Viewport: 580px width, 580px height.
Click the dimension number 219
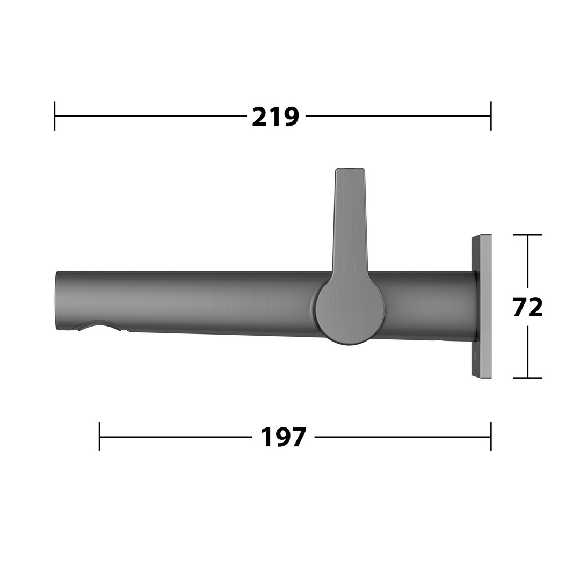click(x=275, y=117)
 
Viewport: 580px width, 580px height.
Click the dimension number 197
click(x=284, y=437)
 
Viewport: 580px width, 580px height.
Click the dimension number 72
click(x=528, y=307)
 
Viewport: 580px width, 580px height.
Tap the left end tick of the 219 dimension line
click(x=55, y=115)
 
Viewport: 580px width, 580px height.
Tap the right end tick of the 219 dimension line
click(x=491, y=115)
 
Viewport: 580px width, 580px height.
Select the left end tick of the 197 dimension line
click(x=99, y=437)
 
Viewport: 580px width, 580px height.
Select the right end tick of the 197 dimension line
click(x=491, y=437)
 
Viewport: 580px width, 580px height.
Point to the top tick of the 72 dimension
click(x=528, y=235)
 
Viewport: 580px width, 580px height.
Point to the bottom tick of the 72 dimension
click(x=528, y=378)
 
